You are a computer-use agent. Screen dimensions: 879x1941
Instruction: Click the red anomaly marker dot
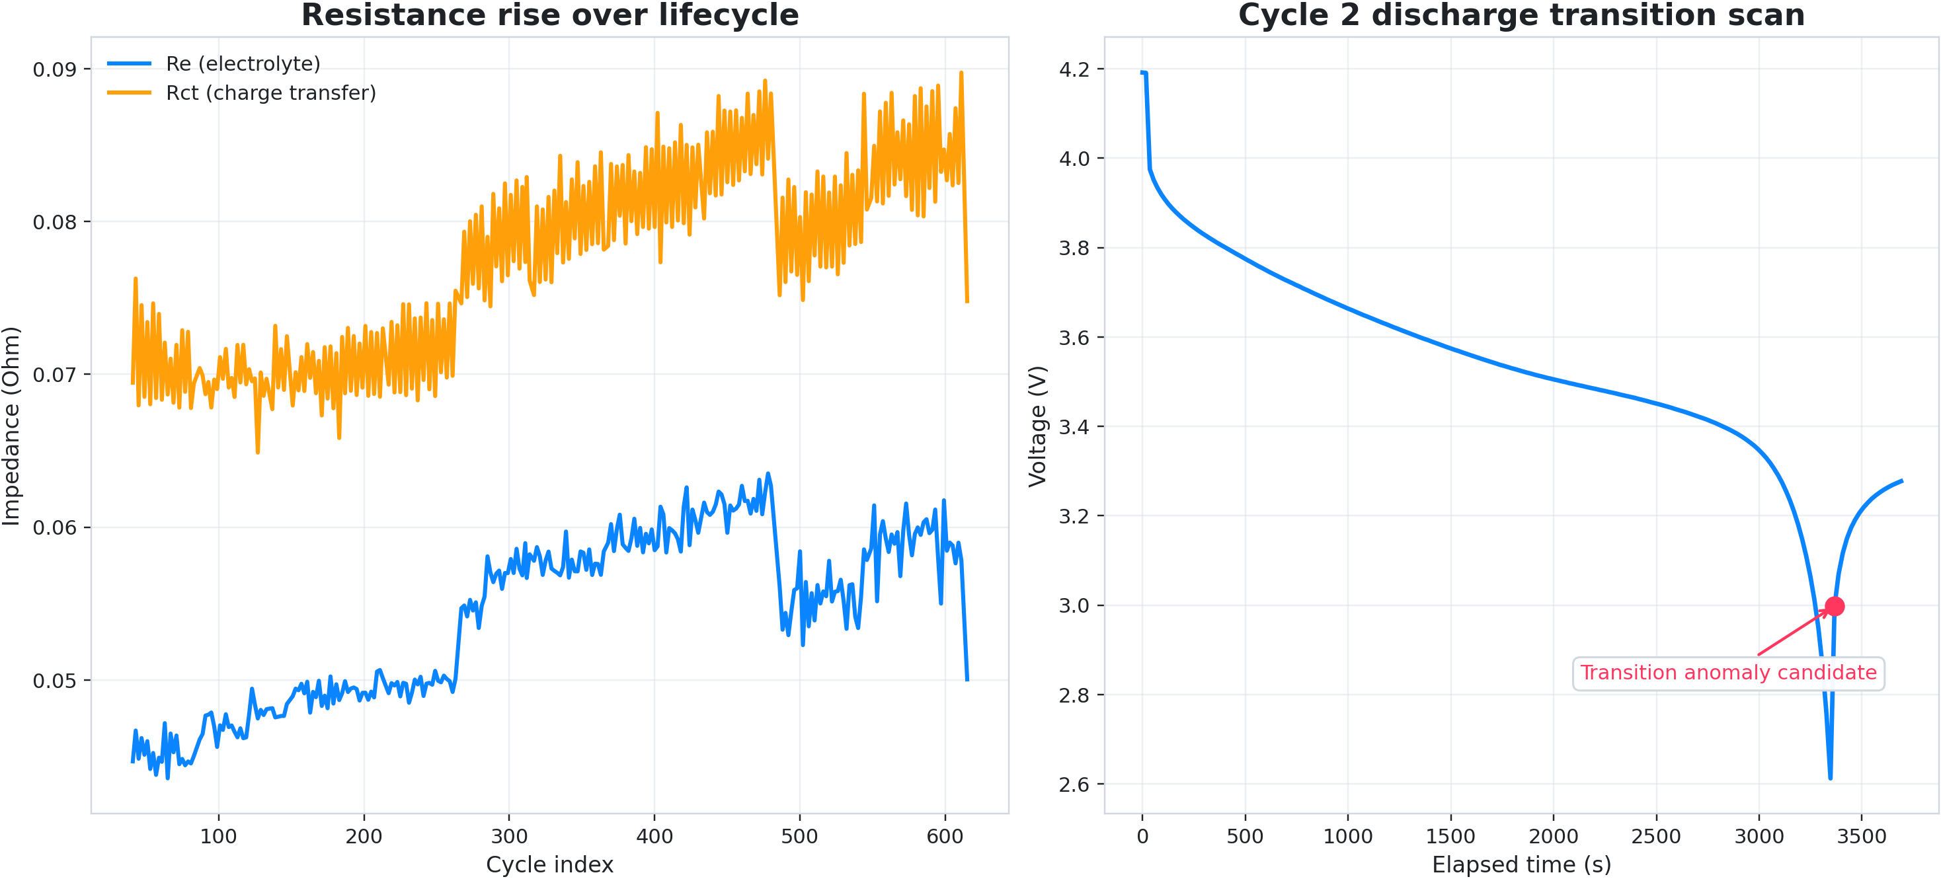coord(1834,606)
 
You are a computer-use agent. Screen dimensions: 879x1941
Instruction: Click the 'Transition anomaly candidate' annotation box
coord(1727,673)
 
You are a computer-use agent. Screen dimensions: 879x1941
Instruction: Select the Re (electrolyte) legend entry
coord(243,64)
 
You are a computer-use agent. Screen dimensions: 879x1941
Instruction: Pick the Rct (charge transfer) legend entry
coord(270,93)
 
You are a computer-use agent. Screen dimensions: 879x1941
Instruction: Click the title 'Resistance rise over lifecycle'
coord(549,15)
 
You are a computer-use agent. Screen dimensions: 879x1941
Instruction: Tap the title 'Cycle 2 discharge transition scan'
coord(1521,15)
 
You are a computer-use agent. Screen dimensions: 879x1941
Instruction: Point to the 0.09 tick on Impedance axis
coord(54,69)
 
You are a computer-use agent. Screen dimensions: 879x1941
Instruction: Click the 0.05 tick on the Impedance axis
coord(54,680)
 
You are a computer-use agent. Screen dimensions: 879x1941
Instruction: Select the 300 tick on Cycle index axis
coord(509,836)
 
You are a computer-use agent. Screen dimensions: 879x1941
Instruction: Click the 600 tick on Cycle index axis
coord(945,836)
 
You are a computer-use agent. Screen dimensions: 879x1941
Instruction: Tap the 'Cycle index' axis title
coord(549,864)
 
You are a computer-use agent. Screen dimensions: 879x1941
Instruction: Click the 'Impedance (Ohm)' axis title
coord(11,426)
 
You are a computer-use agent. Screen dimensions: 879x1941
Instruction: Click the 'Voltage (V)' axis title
coord(1037,426)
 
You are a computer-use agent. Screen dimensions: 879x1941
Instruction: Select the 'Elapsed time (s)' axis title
coord(1521,864)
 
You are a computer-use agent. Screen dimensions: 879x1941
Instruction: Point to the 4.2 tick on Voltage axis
coord(1074,69)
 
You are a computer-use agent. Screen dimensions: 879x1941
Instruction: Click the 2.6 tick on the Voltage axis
coord(1074,784)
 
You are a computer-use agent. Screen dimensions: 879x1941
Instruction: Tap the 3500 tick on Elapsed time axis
coord(1861,836)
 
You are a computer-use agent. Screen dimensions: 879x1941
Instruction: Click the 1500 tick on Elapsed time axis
coord(1450,836)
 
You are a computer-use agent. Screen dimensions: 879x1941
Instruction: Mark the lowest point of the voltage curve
coord(1830,778)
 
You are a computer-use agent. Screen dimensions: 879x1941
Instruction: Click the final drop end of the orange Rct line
coord(967,302)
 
